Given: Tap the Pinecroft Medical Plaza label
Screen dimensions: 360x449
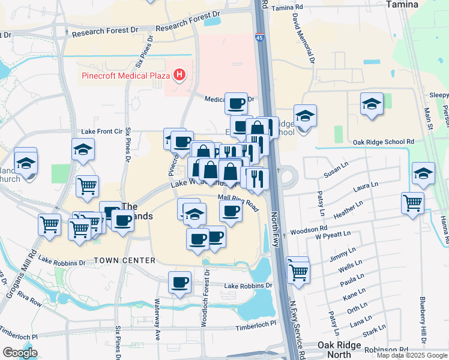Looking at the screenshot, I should pos(125,76).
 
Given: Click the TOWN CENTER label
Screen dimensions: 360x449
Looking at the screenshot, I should pos(124,260).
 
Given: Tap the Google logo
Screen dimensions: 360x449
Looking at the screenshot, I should pos(20,353).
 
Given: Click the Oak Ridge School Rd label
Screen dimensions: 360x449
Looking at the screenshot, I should pos(384,142).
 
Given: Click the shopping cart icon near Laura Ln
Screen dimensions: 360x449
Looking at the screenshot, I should pos(412,203).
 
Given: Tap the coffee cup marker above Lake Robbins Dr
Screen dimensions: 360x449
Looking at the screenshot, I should pos(179,281).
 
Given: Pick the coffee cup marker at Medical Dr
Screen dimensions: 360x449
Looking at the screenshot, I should pos(236,103).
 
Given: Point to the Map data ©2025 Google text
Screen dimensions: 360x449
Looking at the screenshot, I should pos(411,355).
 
